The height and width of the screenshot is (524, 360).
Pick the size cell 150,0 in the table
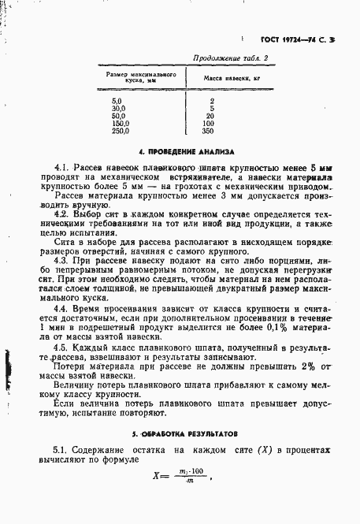[121, 124]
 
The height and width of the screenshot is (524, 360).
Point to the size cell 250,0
[121, 132]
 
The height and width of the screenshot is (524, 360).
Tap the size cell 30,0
[120, 108]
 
